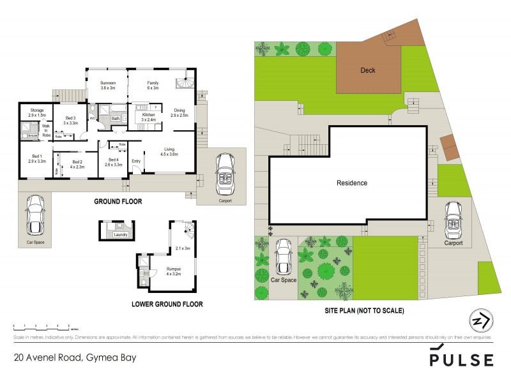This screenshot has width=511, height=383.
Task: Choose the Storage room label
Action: (x=36, y=113)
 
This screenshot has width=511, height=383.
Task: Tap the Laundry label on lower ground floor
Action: (x=121, y=235)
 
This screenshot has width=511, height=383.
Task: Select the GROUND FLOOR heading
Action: (x=118, y=202)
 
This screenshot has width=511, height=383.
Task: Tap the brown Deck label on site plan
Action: (x=367, y=70)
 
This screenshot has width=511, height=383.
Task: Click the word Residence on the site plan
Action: (x=352, y=183)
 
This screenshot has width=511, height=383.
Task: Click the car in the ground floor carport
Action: (x=224, y=174)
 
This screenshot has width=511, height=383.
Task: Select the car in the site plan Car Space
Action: (x=283, y=259)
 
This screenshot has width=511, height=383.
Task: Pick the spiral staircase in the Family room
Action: (x=185, y=84)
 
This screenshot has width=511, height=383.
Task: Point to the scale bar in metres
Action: (x=42, y=326)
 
